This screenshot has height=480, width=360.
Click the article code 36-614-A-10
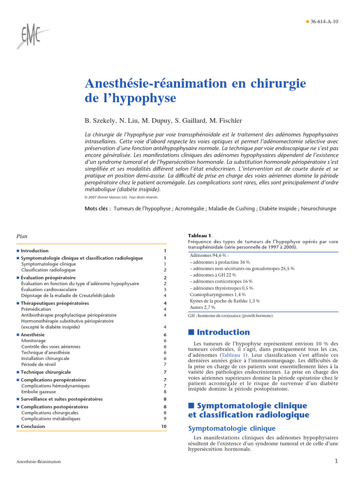click(323, 22)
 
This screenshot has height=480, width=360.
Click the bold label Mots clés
click(97, 208)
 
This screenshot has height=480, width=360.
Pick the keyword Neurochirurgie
click(318, 208)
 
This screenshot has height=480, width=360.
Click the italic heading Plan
click(22, 236)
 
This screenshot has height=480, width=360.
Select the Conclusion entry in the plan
click(33, 427)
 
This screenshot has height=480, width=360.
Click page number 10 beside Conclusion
click(164, 427)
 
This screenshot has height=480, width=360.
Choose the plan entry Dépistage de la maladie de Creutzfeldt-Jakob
click(68, 295)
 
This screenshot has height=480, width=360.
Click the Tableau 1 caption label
click(200, 235)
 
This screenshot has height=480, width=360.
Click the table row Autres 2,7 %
click(202, 307)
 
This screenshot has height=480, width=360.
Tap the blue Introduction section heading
click(223, 332)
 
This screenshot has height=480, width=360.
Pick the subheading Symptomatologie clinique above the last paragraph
click(232, 428)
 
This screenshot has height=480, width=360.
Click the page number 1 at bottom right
click(336, 461)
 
